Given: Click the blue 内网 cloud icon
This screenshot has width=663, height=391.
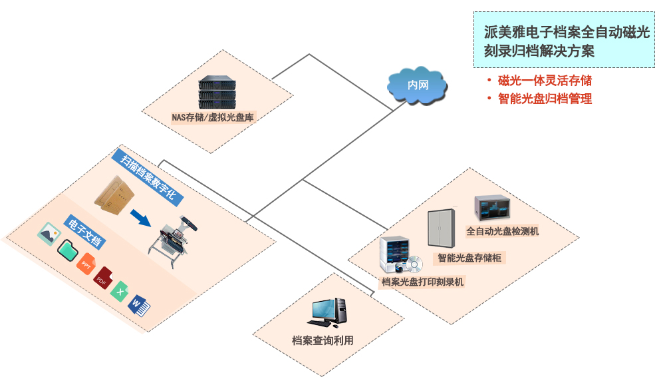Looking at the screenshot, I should pyautogui.click(x=417, y=85).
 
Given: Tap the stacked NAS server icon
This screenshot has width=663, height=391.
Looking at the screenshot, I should pyautogui.click(x=217, y=93).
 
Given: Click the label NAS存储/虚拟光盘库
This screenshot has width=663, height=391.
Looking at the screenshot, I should pyautogui.click(x=213, y=118).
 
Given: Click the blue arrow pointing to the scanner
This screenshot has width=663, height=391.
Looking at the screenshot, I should pyautogui.click(x=139, y=218).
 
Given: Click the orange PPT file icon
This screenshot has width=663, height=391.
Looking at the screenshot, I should pyautogui.click(x=86, y=264).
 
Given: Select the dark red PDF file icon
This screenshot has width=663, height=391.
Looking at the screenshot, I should pyautogui.click(x=103, y=278).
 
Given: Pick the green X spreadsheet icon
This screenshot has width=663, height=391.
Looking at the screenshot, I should pyautogui.click(x=120, y=291).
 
